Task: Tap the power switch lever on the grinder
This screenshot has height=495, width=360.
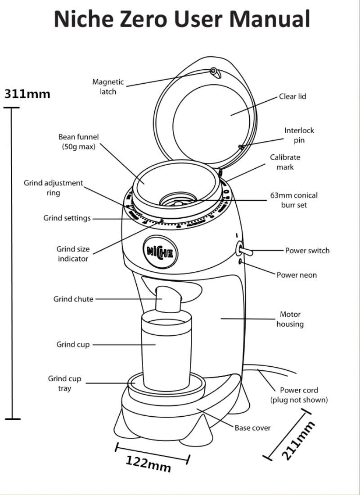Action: (x=245, y=251)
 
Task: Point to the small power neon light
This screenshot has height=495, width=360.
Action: (x=241, y=261)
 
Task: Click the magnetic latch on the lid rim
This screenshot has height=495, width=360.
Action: (x=214, y=71)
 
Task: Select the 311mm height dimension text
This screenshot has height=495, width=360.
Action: (x=27, y=94)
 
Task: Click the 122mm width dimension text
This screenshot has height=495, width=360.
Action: (x=148, y=463)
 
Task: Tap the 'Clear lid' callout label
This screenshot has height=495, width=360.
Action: (x=292, y=96)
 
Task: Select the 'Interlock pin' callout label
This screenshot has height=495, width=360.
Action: (x=299, y=135)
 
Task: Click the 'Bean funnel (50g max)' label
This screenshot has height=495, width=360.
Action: (x=78, y=141)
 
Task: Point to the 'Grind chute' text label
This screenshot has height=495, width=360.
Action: (x=73, y=299)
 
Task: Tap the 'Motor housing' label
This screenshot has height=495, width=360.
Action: (x=290, y=319)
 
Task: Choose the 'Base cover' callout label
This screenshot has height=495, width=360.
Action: (x=252, y=428)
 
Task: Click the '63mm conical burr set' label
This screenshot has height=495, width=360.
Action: (x=293, y=200)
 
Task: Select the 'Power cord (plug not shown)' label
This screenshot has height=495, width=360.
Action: (x=299, y=395)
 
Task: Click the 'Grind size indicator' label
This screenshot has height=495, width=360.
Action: (x=73, y=254)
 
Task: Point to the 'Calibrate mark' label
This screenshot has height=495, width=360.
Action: (x=285, y=162)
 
